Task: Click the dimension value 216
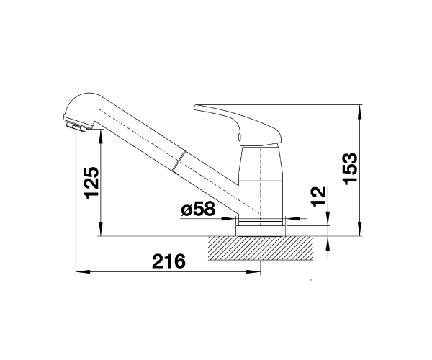click(x=168, y=261)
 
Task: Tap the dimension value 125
click(x=92, y=183)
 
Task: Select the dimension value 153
click(x=350, y=168)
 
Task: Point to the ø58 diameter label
click(x=198, y=209)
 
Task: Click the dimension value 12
click(x=318, y=197)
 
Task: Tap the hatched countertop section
click(x=261, y=248)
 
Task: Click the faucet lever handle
click(x=238, y=125)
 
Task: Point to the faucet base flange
click(x=261, y=231)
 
